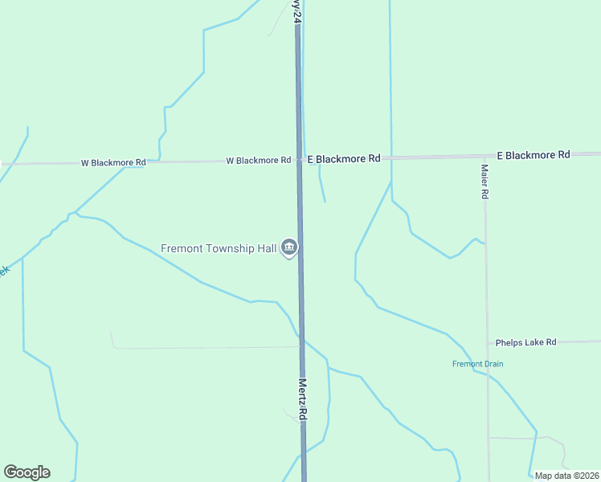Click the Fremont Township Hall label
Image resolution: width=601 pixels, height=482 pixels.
click(218, 248)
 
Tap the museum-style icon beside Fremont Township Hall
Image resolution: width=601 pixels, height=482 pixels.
click(289, 248)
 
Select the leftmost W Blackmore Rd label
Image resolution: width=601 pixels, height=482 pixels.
click(113, 162)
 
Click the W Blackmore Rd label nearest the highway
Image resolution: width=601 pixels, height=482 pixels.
click(258, 161)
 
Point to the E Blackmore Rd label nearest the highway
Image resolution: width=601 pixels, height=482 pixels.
click(344, 159)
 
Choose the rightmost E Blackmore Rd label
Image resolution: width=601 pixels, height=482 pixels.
click(533, 154)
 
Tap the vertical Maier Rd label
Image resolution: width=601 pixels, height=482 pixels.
click(484, 182)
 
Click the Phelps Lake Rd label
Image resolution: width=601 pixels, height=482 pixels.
click(525, 342)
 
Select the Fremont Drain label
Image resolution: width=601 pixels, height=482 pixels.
click(477, 364)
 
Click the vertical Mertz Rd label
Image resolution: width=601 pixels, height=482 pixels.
click(303, 399)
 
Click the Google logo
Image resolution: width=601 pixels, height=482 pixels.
click(27, 472)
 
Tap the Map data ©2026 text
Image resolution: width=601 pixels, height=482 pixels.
click(566, 476)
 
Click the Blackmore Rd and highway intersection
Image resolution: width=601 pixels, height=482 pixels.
click(299, 160)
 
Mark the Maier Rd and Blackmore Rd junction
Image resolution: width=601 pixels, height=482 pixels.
click(484, 156)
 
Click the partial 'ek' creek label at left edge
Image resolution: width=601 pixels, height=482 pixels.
click(4, 272)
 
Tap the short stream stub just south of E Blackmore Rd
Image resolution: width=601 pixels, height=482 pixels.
click(322, 189)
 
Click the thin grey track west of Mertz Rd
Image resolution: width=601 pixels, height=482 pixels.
click(201, 348)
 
